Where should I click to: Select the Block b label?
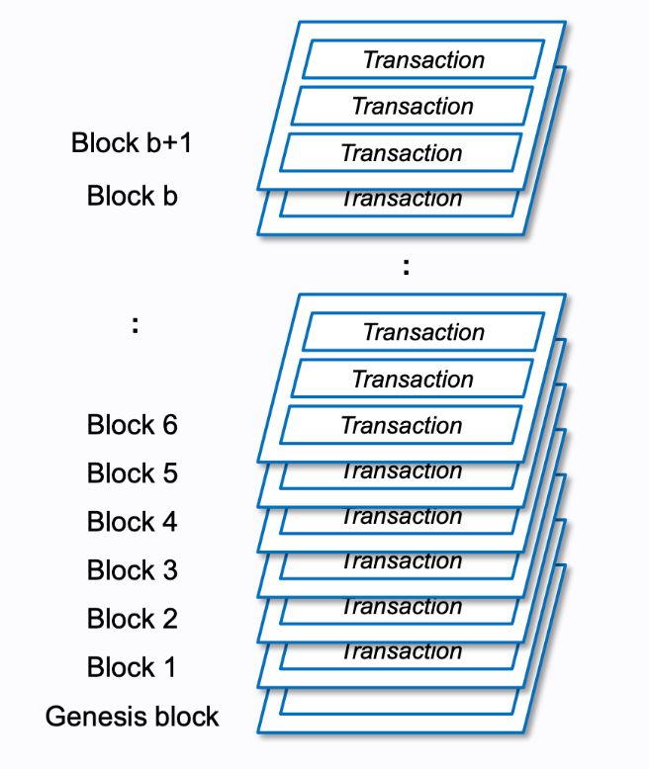click(x=132, y=195)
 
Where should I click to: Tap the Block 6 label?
click(x=132, y=425)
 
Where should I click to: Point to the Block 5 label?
click(x=132, y=473)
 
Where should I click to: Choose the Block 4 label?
click(x=132, y=522)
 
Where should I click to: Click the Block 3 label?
click(x=132, y=570)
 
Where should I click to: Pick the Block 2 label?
click(x=132, y=619)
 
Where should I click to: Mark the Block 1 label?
click(x=132, y=667)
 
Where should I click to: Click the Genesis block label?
click(x=132, y=716)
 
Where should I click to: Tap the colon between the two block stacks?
click(x=406, y=265)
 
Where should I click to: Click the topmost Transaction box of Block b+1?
click(x=423, y=59)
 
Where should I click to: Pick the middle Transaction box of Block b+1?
click(x=413, y=106)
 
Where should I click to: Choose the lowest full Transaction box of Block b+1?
click(x=402, y=152)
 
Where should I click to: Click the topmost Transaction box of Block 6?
click(x=423, y=332)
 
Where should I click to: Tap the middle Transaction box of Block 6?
click(x=413, y=379)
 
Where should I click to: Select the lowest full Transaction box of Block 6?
click(x=402, y=425)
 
